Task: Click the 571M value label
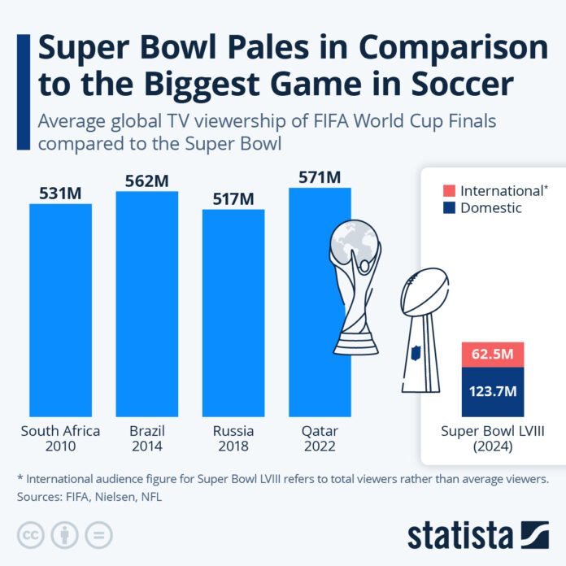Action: click(320, 176)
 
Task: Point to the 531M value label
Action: click(61, 192)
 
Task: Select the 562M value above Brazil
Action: click(147, 180)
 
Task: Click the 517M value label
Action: click(233, 198)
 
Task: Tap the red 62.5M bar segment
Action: click(492, 355)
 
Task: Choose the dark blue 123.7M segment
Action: click(492, 391)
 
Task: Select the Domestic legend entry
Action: click(491, 209)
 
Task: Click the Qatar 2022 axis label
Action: click(320, 438)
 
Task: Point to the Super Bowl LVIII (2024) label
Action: click(492, 438)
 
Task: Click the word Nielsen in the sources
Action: click(121, 495)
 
